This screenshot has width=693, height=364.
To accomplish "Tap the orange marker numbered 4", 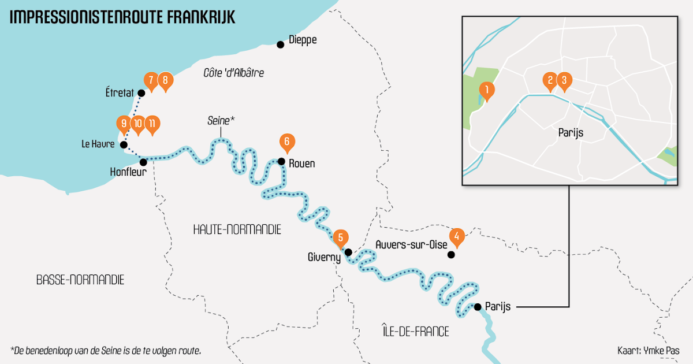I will click(457, 236).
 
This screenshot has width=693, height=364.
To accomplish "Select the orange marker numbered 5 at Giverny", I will click(341, 237).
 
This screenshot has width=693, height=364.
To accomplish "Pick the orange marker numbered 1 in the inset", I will click(487, 90).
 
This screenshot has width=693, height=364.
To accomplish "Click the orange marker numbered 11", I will click(152, 124).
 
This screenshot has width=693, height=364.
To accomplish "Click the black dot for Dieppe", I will click(280, 44).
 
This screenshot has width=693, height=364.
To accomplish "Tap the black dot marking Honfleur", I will click(143, 162).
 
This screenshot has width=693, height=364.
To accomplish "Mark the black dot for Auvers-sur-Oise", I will click(452, 254).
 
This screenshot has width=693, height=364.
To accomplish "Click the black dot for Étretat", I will click(141, 92).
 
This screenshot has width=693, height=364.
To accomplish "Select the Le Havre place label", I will click(98, 144).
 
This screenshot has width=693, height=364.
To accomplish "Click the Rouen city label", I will click(301, 164).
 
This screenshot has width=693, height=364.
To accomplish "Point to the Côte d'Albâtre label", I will click(233, 73).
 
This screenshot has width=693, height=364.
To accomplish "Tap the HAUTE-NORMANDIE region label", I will click(237, 229).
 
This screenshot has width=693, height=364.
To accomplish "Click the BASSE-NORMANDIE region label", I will click(80, 280).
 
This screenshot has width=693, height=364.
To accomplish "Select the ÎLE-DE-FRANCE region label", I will click(415, 332).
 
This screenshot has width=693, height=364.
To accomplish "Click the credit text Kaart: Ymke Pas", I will click(648, 351).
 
